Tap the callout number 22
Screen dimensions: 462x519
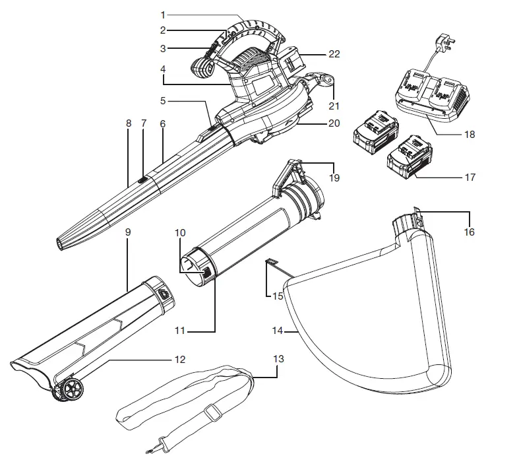pos(334,54)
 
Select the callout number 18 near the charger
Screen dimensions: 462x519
pos(470,134)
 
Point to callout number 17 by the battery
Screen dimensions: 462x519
pos(470,177)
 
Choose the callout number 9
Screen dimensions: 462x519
pos(127,232)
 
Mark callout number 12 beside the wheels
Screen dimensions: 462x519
pos(179,360)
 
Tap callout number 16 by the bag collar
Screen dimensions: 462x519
pos(470,232)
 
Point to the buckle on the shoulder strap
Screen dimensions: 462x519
pos(212,414)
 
